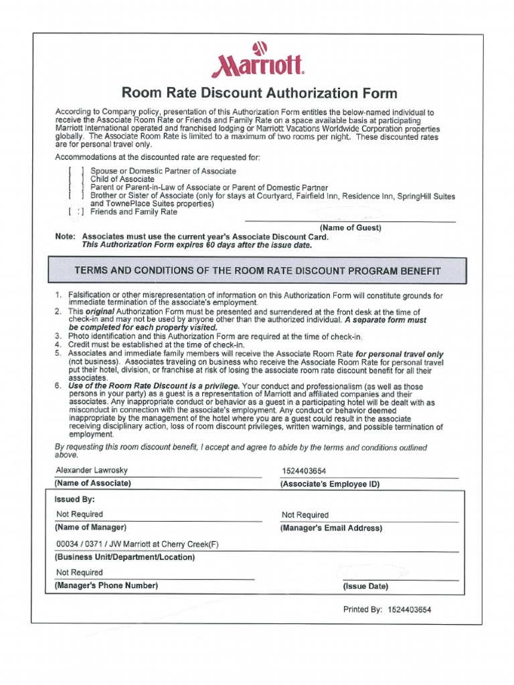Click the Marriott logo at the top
click(x=258, y=59)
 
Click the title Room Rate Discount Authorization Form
click(x=258, y=93)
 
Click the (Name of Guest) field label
click(x=350, y=227)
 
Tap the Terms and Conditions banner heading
click(x=258, y=271)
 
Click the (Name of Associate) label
click(x=92, y=483)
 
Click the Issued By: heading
click(x=74, y=499)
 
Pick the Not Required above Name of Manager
click(x=80, y=514)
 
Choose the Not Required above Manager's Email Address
click(x=305, y=515)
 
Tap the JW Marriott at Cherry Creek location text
click(x=137, y=545)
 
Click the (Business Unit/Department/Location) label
click(x=124, y=557)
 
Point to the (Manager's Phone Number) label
click(x=106, y=585)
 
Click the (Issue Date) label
click(x=365, y=586)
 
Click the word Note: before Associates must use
click(x=66, y=236)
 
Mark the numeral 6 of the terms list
click(x=58, y=386)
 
